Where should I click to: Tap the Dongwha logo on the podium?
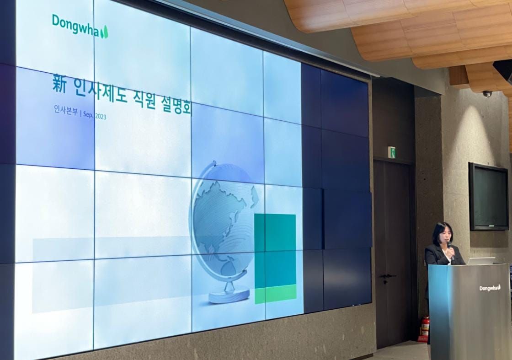490,288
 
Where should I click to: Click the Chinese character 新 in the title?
59,85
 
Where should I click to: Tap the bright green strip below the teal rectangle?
275,293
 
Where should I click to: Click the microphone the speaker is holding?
449,247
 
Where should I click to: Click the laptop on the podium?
480,261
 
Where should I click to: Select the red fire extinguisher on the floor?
425,327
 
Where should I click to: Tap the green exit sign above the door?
391,152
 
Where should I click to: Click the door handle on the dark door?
387,276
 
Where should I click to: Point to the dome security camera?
487,93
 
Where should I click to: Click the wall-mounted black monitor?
488,196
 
